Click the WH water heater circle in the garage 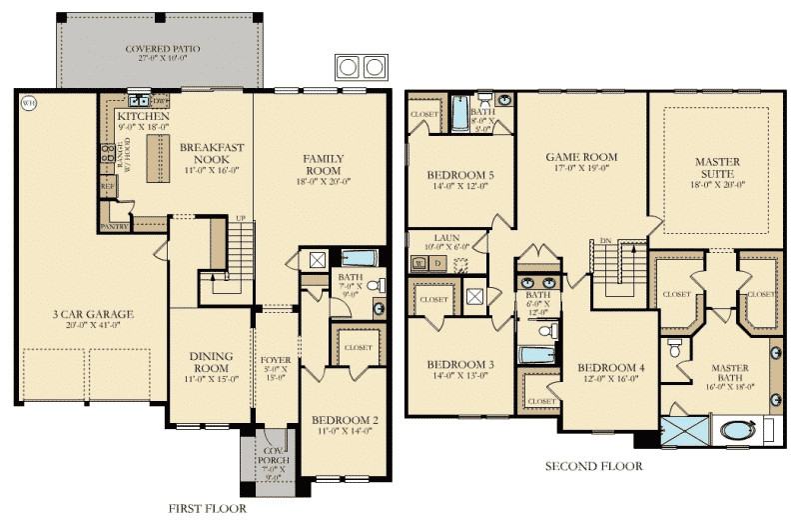(27, 103)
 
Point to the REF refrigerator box (107, 186)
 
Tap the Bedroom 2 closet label (357, 347)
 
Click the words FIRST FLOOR (207, 509)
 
